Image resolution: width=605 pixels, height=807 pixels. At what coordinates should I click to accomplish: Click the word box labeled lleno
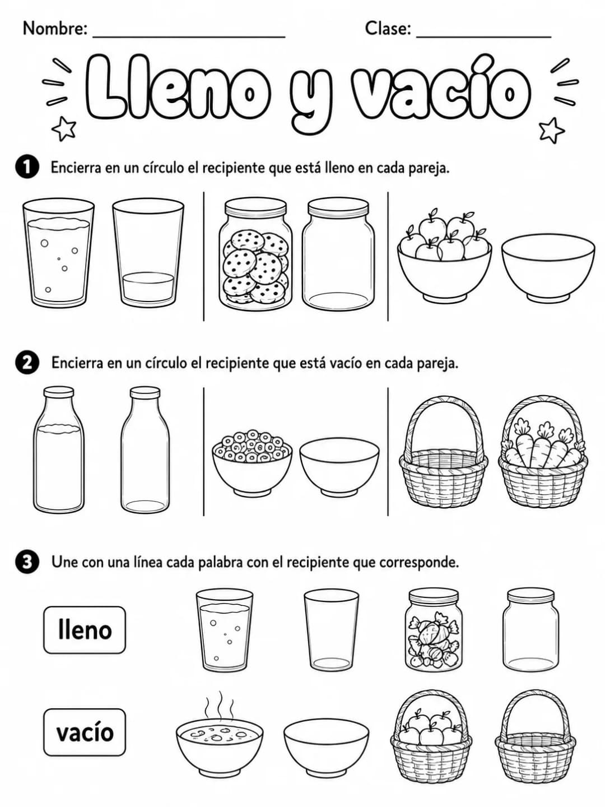(x=85, y=629)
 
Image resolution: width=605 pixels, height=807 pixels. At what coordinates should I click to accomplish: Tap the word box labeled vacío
(x=85, y=732)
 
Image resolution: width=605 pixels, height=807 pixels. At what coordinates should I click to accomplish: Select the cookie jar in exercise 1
(x=255, y=253)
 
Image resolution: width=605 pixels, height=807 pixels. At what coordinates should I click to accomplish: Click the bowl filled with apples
(x=444, y=255)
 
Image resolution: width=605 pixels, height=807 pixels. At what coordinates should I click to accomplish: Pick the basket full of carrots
(x=543, y=452)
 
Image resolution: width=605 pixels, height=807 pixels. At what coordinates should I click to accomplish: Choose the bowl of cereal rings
(x=252, y=462)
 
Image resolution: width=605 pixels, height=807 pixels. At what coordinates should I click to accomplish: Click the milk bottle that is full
(x=58, y=449)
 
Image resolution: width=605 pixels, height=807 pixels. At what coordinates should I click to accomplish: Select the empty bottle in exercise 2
(x=145, y=449)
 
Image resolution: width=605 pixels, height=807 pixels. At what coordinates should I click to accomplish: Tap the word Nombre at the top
(x=55, y=29)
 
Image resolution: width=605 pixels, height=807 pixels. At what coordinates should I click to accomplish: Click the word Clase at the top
(x=388, y=29)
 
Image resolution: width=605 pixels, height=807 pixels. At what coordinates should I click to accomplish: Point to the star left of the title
(x=64, y=129)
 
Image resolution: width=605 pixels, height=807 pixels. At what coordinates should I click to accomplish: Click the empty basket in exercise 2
(x=443, y=452)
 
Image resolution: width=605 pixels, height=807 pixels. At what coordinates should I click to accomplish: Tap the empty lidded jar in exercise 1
(x=338, y=254)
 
